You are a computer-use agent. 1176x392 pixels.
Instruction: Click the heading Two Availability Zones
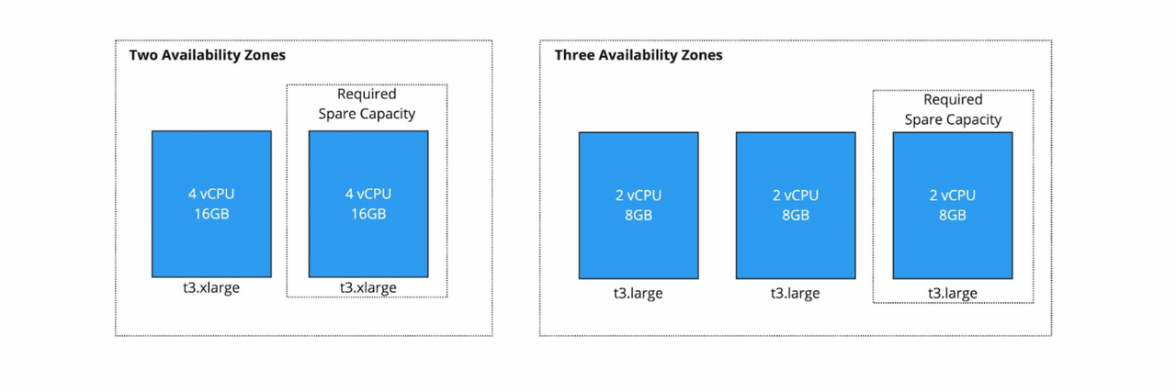coord(207,55)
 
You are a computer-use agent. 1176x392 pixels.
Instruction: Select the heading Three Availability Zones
coord(638,55)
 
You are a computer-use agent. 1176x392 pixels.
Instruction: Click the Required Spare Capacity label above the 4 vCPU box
coord(367,104)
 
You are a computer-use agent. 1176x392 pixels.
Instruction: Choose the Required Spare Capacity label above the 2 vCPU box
coord(953,109)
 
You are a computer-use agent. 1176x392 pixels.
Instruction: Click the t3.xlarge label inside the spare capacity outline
coord(367,287)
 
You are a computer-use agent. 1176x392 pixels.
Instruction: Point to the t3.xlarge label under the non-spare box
coord(211,287)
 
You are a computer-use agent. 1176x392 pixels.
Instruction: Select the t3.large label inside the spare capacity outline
coord(953,294)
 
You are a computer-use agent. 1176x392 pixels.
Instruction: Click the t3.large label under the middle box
coord(796,294)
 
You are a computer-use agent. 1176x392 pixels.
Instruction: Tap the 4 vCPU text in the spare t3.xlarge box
coord(367,194)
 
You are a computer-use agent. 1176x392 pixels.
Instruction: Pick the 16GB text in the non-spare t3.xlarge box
coord(211,214)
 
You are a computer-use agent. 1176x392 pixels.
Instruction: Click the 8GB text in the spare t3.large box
coord(953,216)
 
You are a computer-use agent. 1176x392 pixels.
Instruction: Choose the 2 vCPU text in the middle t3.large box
coord(796,196)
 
